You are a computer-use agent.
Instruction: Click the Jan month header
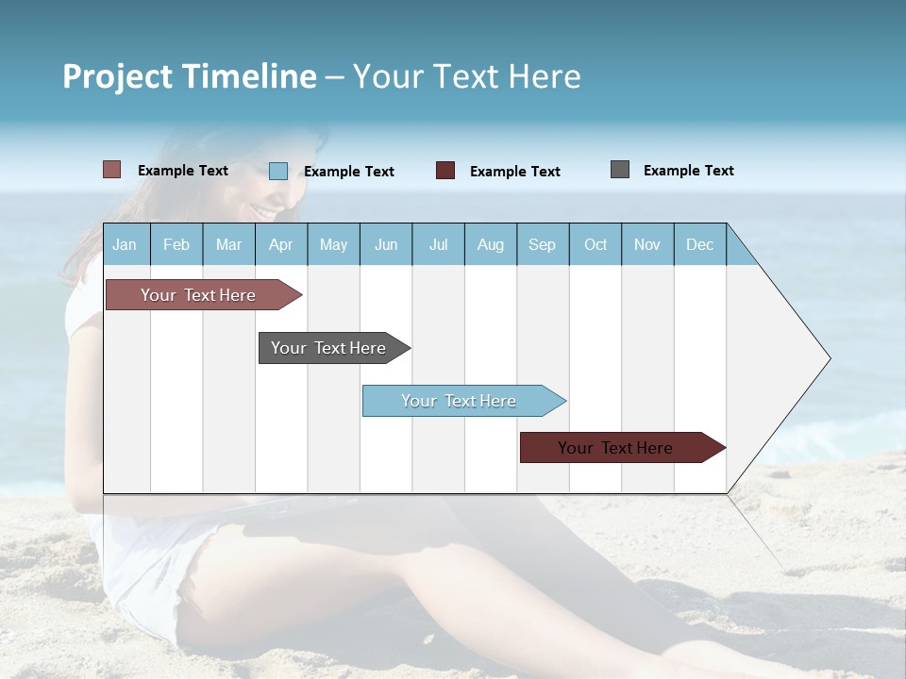[125, 245]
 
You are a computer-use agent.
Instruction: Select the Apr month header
[280, 245]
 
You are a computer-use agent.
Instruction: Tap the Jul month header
[438, 245]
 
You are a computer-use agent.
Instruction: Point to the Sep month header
[542, 245]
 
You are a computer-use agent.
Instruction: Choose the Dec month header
[699, 245]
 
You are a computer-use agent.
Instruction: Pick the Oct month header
[595, 245]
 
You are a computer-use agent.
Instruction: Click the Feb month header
[176, 245]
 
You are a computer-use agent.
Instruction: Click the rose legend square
[111, 170]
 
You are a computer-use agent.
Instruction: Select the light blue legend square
[277, 171]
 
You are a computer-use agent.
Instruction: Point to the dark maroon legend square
[445, 171]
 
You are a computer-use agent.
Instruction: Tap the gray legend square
[619, 170]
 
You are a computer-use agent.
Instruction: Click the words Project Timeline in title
[189, 76]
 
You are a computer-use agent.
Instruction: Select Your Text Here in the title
[466, 76]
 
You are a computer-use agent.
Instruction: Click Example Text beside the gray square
[688, 171]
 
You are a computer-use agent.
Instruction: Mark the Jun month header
[385, 245]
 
